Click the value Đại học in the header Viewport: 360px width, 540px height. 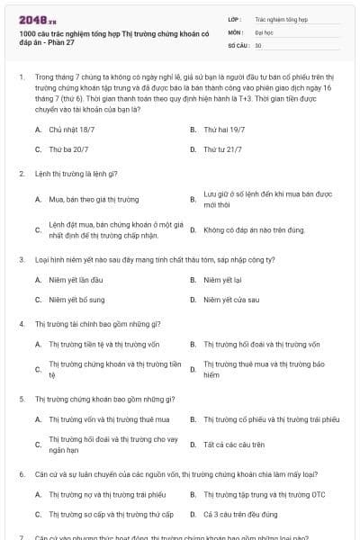coord(265,31)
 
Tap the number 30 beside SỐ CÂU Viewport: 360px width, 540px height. coord(258,44)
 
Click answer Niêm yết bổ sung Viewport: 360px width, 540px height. coord(76,300)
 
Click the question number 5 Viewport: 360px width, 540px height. coord(22,398)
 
